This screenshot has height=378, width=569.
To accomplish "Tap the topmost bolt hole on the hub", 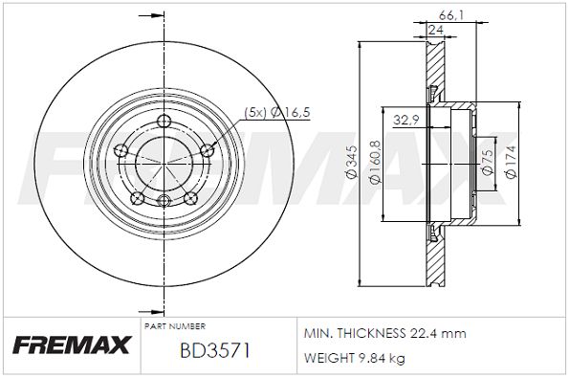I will (x=164, y=121).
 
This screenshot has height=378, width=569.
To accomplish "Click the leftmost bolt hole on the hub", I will (x=121, y=149).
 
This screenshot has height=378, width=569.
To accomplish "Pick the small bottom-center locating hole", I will (x=164, y=200).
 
